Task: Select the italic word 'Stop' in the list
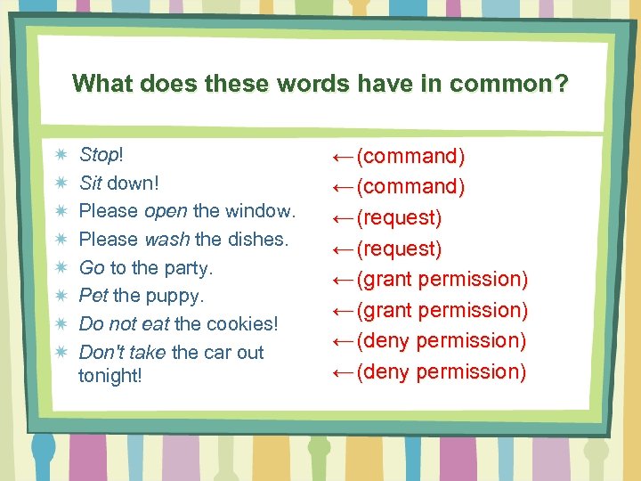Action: click(x=98, y=155)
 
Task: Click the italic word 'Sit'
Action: click(x=91, y=183)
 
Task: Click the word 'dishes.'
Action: click(x=258, y=240)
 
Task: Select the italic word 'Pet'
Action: click(x=93, y=295)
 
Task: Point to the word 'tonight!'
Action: click(x=110, y=375)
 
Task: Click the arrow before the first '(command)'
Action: click(x=342, y=157)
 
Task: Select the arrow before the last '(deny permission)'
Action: click(x=342, y=371)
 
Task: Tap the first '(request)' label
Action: click(x=399, y=218)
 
